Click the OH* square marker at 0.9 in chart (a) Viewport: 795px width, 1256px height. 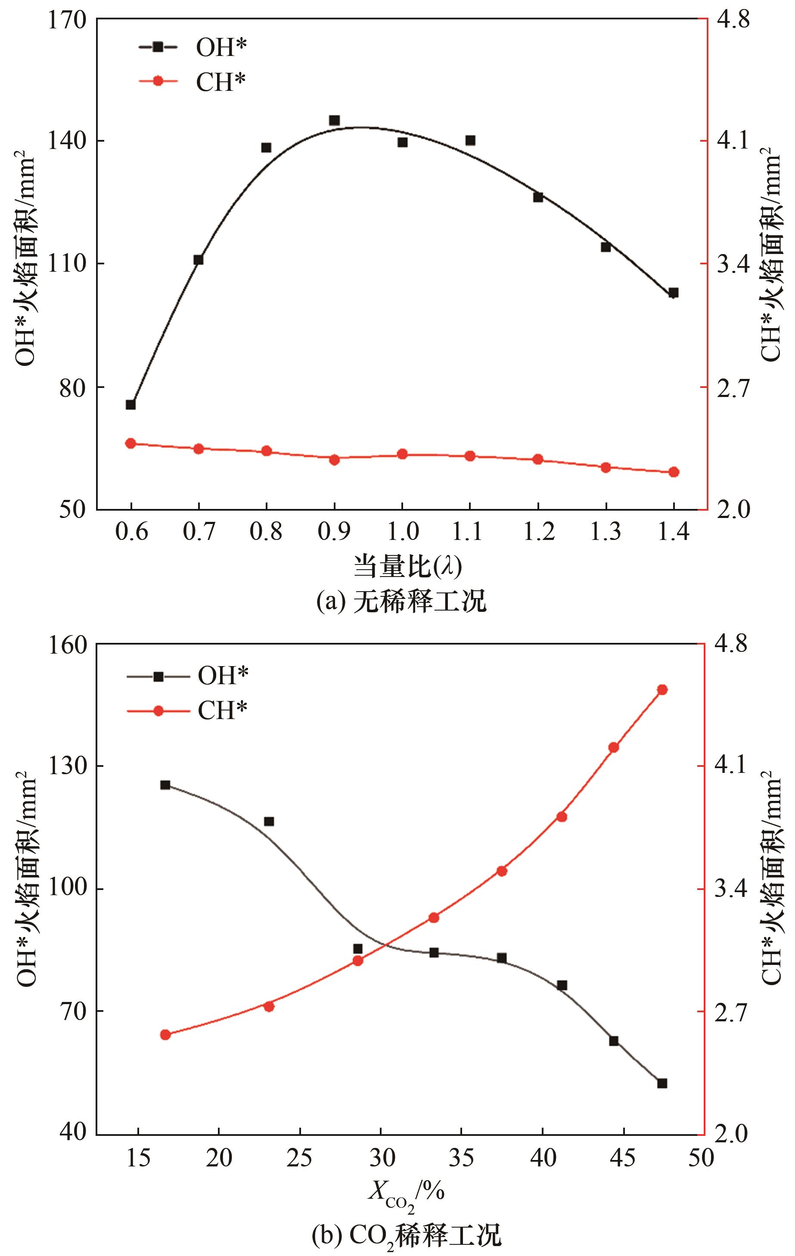pyautogui.click(x=334, y=121)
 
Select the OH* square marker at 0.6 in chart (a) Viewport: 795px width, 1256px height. pyautogui.click(x=131, y=405)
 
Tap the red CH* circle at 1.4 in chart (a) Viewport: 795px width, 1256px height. pyautogui.click(x=674, y=472)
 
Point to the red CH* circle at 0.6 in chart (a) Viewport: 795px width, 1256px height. pyautogui.click(x=131, y=443)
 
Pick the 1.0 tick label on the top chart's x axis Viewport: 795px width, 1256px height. pyautogui.click(x=402, y=531)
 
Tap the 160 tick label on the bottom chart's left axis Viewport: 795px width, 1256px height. pyautogui.click(x=67, y=645)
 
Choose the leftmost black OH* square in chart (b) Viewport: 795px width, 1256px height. pyautogui.click(x=165, y=785)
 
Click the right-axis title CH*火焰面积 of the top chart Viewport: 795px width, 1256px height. pyautogui.click(x=770, y=256)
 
